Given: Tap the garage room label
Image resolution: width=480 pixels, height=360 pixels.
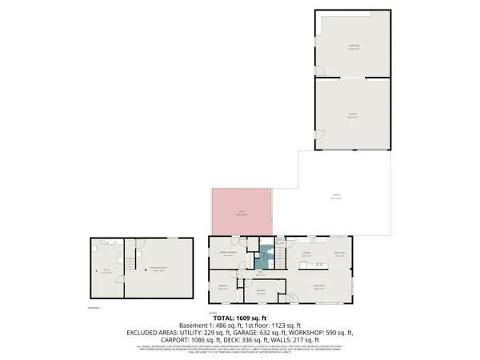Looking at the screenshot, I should (x=353, y=114).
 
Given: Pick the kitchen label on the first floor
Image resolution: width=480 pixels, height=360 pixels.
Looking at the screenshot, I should (x=306, y=254).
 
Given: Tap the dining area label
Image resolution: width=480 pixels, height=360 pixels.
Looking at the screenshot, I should (x=339, y=254).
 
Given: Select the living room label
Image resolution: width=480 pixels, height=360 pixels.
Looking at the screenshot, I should (x=318, y=288).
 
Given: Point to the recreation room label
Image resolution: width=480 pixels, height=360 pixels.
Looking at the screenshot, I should (x=158, y=270).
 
